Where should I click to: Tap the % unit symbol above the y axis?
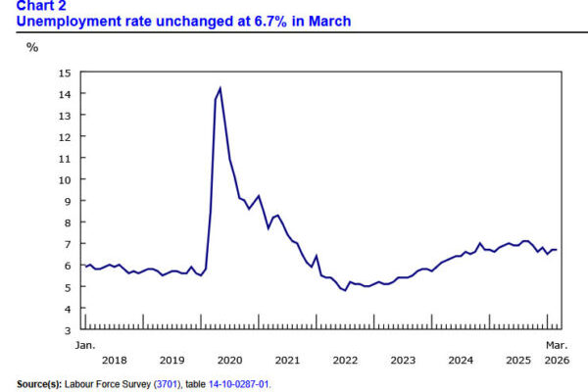coord(31,47)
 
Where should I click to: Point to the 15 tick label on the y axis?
coord(65,73)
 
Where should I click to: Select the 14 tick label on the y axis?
coord(65,94)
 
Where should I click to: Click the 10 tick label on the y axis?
coord(65,180)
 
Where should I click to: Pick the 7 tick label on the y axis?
coord(68,245)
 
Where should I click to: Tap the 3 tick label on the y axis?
coord(68,330)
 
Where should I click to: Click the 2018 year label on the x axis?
coord(115,361)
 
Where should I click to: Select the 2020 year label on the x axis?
coord(229,361)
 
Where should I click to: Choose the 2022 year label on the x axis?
coord(344,361)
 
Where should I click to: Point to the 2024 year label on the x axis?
coord(460,361)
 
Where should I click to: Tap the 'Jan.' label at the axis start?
coord(84,346)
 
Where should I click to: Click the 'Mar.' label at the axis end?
coord(556,346)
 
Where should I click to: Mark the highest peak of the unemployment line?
coord(220,88)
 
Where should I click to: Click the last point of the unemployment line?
coord(557,249)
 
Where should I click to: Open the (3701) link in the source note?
coord(164,383)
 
